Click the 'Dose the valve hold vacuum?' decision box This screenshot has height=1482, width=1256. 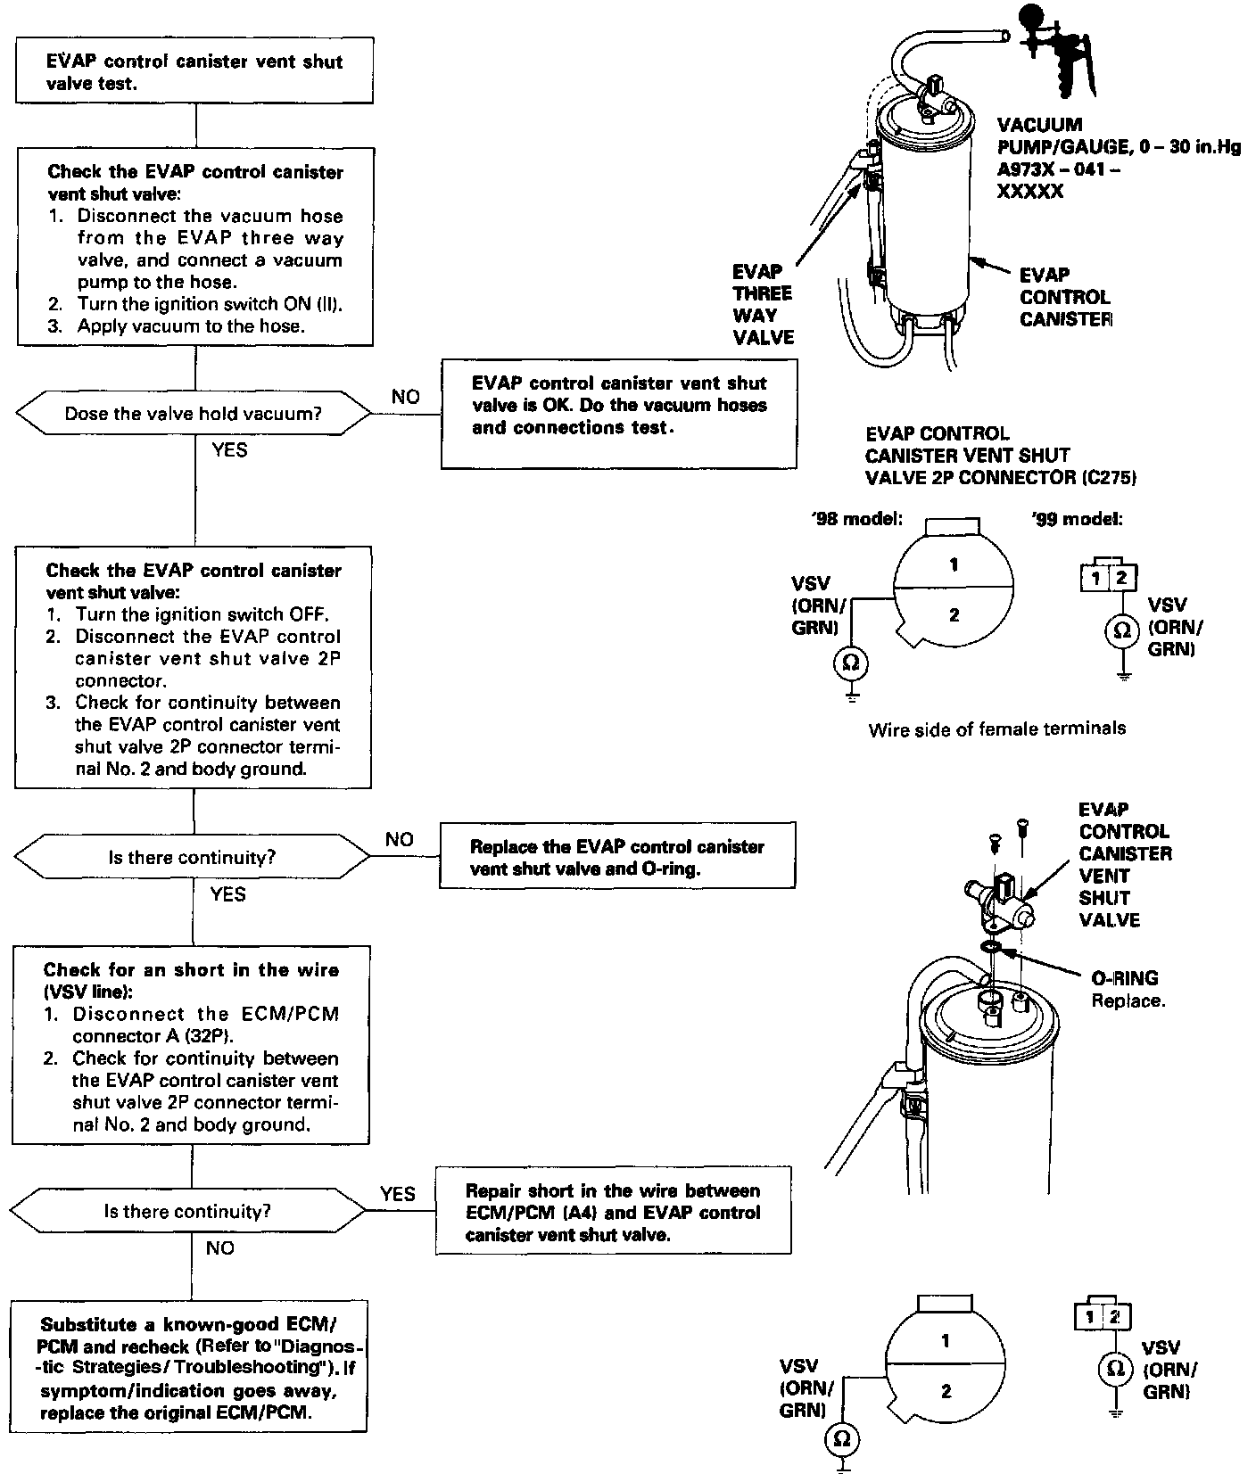[193, 414]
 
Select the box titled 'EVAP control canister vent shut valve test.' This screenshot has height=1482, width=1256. [194, 72]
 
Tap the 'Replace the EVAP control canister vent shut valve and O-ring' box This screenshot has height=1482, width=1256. [617, 857]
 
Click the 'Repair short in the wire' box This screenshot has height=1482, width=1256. [613, 1212]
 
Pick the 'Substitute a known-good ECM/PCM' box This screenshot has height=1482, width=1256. [190, 1368]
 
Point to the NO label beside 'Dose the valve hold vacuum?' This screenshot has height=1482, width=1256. [405, 397]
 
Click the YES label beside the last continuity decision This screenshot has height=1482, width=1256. [397, 1193]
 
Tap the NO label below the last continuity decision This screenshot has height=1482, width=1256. [219, 1247]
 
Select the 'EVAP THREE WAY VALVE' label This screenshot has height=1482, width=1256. [763, 304]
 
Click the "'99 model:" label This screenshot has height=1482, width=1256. [1078, 519]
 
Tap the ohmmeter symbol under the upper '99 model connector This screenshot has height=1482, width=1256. [1121, 631]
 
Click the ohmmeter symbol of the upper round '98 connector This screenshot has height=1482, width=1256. [851, 662]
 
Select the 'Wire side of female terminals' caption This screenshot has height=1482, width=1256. [996, 729]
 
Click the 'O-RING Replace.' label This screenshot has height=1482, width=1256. [1128, 989]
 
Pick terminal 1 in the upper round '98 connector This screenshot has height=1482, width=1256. [954, 564]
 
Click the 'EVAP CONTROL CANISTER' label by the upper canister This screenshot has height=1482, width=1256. [1064, 297]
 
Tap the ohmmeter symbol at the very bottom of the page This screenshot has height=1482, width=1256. [841, 1438]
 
